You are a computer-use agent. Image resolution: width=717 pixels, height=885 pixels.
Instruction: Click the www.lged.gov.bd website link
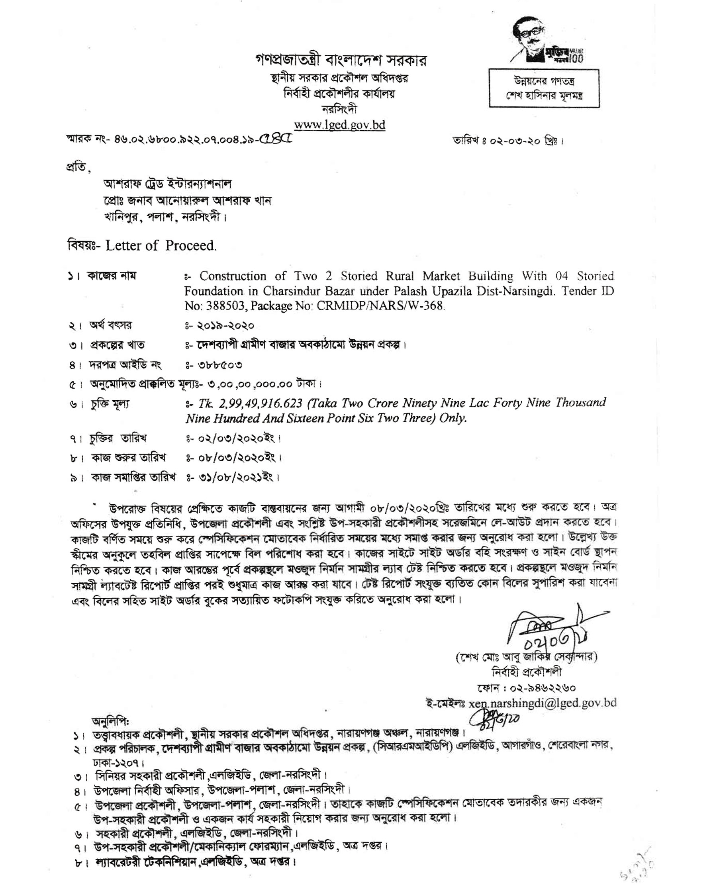point(339,125)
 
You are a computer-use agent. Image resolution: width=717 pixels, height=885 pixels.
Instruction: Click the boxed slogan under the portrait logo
point(544,88)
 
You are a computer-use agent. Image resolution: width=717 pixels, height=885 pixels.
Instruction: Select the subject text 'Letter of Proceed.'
point(161,246)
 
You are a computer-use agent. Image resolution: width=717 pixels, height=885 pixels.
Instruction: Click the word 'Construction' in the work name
point(233,276)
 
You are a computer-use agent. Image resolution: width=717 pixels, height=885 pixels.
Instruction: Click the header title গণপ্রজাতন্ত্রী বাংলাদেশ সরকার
point(341,61)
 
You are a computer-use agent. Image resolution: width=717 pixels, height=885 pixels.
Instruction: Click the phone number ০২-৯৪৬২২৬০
point(542,687)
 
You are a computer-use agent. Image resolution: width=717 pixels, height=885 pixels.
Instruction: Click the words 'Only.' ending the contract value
point(453,418)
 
